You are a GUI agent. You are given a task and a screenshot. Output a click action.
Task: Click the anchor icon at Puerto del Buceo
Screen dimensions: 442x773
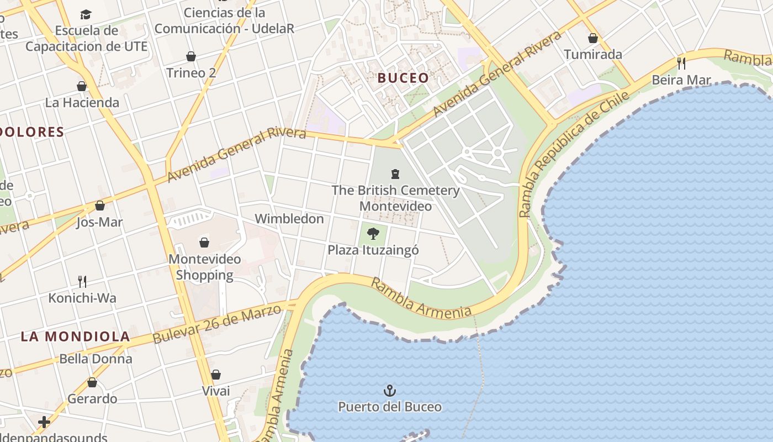[390, 391]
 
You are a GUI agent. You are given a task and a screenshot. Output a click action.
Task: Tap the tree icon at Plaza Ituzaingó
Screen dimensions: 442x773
[373, 233]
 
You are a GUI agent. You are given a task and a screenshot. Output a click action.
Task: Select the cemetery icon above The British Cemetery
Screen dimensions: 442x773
[395, 175]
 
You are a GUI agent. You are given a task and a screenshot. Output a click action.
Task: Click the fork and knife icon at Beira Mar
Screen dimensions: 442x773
[681, 63]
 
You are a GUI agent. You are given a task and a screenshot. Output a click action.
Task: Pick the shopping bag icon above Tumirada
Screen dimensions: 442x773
[593, 38]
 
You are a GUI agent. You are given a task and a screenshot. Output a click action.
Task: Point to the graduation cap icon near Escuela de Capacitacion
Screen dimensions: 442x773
[86, 14]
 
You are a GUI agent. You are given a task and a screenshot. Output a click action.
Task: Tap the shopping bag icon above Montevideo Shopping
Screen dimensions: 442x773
[204, 242]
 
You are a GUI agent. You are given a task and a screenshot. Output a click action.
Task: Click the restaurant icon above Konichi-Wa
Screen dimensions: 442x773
[82, 282]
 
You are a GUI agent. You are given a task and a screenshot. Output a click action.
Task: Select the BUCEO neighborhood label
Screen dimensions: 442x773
[403, 78]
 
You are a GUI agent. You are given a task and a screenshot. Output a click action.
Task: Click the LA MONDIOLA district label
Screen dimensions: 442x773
[76, 336]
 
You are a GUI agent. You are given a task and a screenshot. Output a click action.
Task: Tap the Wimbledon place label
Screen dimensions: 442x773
[289, 219]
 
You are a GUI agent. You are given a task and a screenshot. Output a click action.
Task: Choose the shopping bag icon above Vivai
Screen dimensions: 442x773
[216, 375]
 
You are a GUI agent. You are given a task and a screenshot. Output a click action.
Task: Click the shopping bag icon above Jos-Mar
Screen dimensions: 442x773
[100, 206]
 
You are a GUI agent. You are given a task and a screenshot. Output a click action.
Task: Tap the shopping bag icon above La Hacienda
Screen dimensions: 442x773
[82, 86]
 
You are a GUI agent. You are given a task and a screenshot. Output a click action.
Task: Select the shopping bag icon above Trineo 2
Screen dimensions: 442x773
[191, 56]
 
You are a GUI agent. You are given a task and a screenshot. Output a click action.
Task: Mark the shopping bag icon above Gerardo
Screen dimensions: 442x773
[92, 382]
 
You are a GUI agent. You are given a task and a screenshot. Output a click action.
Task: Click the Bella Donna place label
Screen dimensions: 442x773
[96, 359]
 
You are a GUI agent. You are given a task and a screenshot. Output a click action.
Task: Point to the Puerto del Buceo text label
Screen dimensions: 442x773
[390, 407]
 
